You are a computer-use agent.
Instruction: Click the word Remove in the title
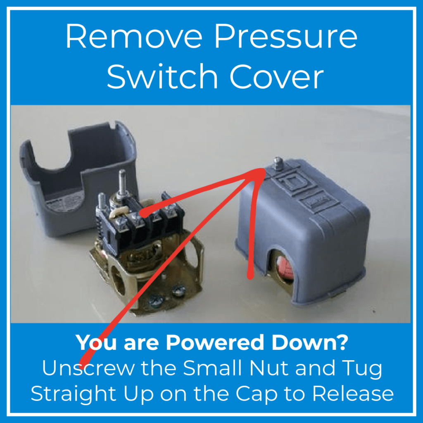click(134, 36)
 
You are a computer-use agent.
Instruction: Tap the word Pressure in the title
click(286, 36)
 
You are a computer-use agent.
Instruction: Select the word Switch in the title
click(162, 76)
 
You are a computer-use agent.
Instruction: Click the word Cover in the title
click(276, 76)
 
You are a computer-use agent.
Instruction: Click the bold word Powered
click(215, 342)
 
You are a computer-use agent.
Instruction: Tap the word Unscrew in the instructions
click(88, 368)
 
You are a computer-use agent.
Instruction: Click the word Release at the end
click(353, 394)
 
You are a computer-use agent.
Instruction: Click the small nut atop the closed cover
click(278, 163)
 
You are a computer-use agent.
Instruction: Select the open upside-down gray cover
click(78, 178)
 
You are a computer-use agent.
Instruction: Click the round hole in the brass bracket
click(119, 280)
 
